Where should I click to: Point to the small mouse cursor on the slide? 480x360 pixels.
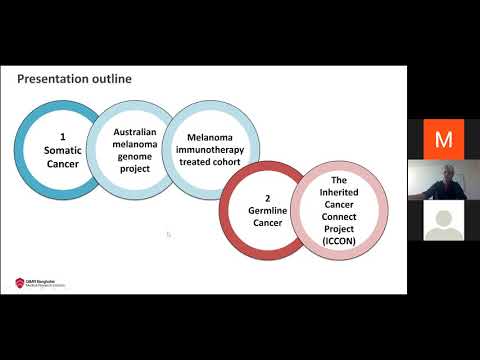coord(169,235)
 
